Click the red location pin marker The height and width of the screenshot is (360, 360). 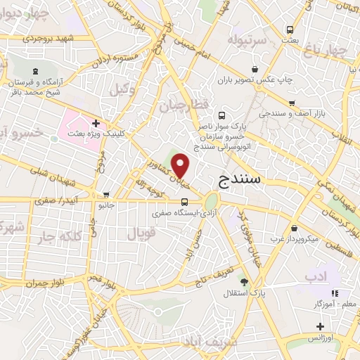[181, 166]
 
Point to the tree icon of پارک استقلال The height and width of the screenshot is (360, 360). [243, 281]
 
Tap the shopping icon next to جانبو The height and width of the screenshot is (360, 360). [106, 195]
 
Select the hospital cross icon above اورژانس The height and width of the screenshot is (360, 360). [320, 327]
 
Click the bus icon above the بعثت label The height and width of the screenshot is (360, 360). [290, 30]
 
